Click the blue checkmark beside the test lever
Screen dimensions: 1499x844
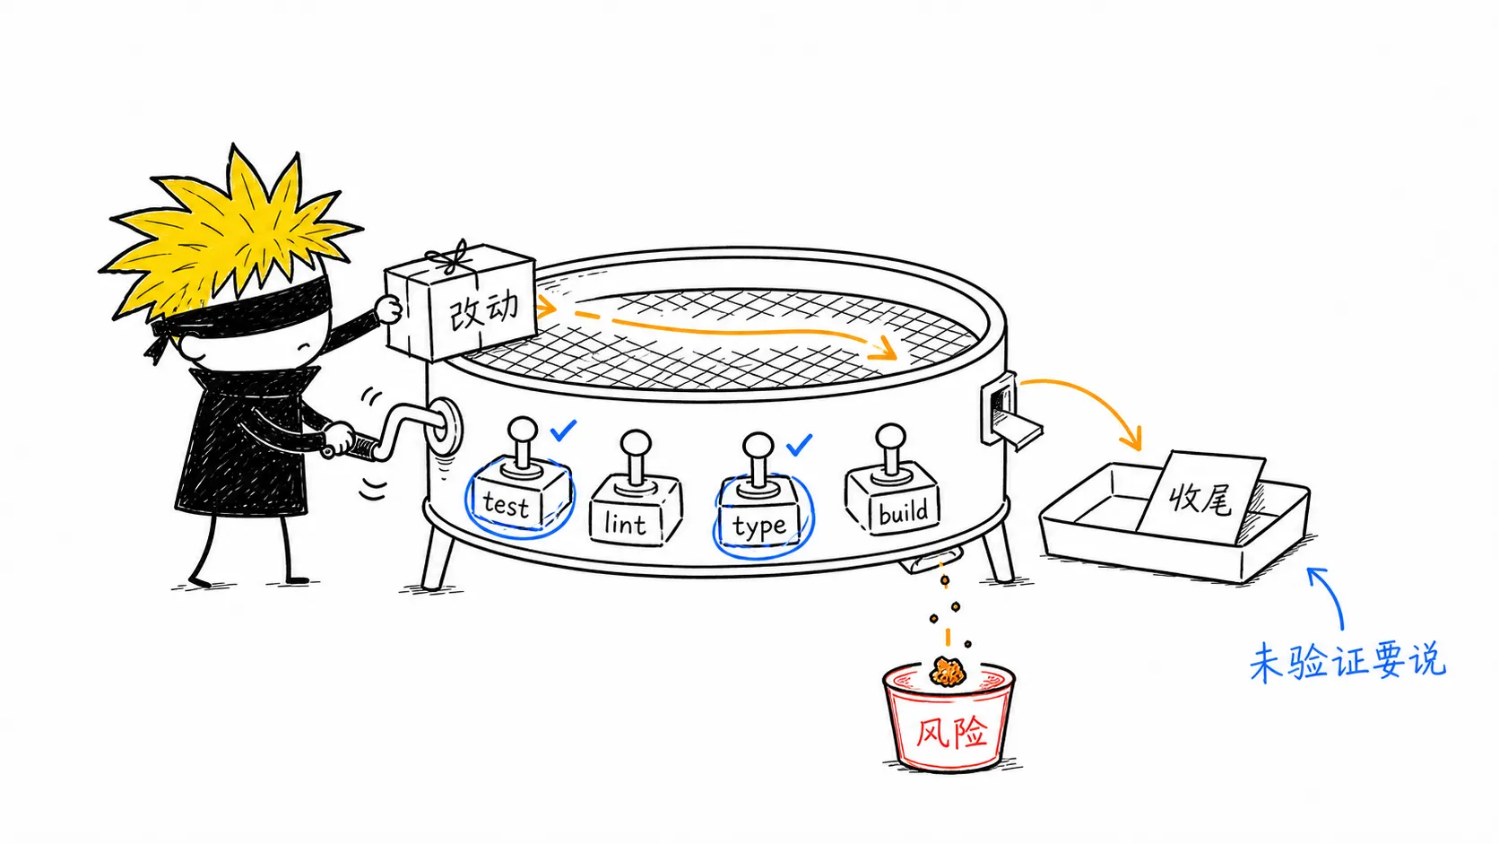tap(563, 430)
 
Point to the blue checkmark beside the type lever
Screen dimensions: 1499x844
tap(799, 444)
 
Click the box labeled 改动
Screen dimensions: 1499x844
tap(461, 305)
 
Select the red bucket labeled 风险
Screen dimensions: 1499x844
tap(949, 718)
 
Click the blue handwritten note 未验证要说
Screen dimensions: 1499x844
tap(1347, 662)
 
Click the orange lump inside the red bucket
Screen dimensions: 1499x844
tap(947, 672)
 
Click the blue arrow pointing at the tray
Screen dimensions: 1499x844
tap(1328, 596)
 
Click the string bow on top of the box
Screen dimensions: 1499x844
tap(453, 257)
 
